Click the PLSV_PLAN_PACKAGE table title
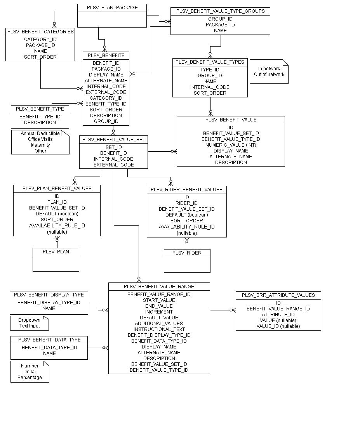pyautogui.click(x=112, y=7)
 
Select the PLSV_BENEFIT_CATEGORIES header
pyautogui.click(x=40, y=32)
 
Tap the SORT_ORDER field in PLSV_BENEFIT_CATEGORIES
pyautogui.click(x=40, y=57)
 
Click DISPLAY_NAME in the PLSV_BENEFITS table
pyautogui.click(x=106, y=74)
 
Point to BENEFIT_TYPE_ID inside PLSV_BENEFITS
pyautogui.click(x=106, y=104)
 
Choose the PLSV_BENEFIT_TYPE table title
pyautogui.click(x=40, y=109)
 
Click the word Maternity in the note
pyautogui.click(x=40, y=145)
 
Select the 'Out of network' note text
pyautogui.click(x=269, y=74)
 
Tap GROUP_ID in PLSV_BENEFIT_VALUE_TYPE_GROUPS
pyautogui.click(x=220, y=19)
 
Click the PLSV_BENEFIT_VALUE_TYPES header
pyautogui.click(x=210, y=62)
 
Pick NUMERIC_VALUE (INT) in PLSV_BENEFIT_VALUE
pyautogui.click(x=231, y=145)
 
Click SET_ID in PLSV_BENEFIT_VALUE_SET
pyautogui.click(x=113, y=147)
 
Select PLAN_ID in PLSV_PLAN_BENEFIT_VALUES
pyautogui.click(x=57, y=202)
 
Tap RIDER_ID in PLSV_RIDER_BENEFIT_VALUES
pyautogui.click(x=186, y=203)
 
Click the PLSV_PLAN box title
pyautogui.click(x=56, y=252)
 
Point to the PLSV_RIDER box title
pyautogui.click(x=187, y=253)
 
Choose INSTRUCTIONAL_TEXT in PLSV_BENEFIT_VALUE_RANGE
pyautogui.click(x=159, y=329)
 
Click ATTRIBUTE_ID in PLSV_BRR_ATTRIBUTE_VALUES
pyautogui.click(x=278, y=314)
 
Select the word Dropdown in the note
pyautogui.click(x=30, y=320)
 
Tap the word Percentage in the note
pyautogui.click(x=30, y=377)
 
